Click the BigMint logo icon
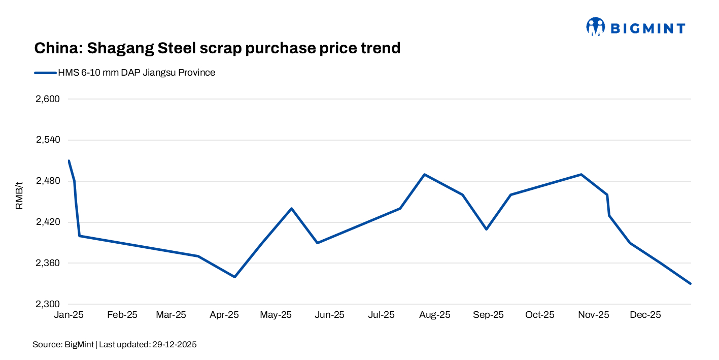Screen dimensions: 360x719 pos(596,27)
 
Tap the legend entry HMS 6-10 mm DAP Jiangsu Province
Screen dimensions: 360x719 pos(136,73)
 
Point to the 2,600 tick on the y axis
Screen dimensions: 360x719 pos(48,99)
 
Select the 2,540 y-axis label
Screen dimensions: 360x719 pos(48,140)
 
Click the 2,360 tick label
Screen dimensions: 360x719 pos(48,263)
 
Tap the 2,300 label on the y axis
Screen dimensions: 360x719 pos(48,304)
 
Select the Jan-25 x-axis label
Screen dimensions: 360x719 pos(69,315)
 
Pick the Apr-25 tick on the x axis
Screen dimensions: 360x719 pos(224,315)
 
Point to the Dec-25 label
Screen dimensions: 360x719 pos(645,315)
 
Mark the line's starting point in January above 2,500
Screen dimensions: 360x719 pos(69,161)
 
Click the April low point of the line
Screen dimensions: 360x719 pos(234,277)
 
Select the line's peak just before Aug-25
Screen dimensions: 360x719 pos(424,175)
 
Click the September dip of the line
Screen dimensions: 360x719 pos(486,229)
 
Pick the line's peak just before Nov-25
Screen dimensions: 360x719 pos(581,175)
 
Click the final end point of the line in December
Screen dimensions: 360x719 pos(691,283)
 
